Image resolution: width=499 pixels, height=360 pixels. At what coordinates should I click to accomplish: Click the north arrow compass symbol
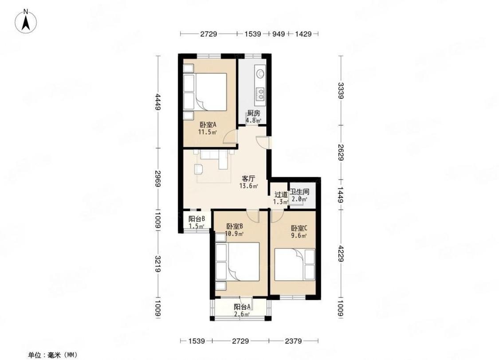click(26, 21)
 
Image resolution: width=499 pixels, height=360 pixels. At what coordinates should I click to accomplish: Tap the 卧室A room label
click(208, 125)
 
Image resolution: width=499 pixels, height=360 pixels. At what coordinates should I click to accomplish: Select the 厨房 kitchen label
click(254, 113)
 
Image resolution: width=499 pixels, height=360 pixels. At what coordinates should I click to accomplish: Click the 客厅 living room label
click(248, 179)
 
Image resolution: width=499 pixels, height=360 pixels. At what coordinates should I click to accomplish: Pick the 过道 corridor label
click(281, 194)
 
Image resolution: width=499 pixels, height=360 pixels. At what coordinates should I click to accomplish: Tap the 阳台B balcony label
click(196, 219)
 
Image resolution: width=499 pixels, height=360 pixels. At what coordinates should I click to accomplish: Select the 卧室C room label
click(299, 228)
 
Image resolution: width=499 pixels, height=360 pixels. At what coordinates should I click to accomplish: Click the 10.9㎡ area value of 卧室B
click(235, 234)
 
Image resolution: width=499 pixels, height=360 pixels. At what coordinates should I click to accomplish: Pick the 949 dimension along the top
click(279, 33)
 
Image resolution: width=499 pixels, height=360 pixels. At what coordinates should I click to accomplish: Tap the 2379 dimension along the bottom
click(293, 341)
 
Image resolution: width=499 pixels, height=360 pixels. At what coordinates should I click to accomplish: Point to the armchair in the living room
click(199, 169)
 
